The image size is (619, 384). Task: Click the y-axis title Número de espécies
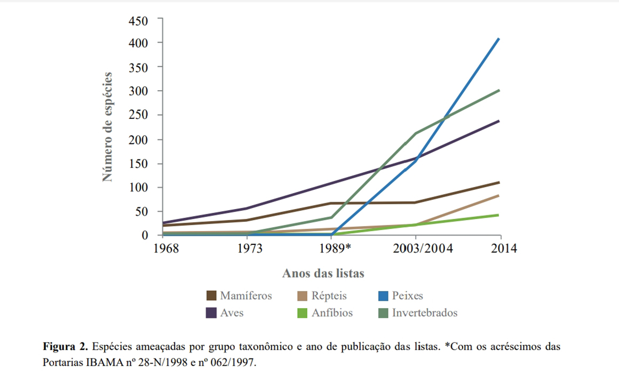(x=108, y=127)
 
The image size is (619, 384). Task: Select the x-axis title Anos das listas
(x=323, y=274)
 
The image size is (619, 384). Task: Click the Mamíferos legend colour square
(x=211, y=296)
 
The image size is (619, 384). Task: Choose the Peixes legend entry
(x=407, y=296)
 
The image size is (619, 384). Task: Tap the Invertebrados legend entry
(x=425, y=313)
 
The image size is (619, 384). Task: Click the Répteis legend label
(x=329, y=296)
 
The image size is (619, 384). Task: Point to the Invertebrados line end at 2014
(x=499, y=90)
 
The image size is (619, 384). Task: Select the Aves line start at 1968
(x=163, y=222)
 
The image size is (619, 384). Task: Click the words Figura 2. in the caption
(x=65, y=347)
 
